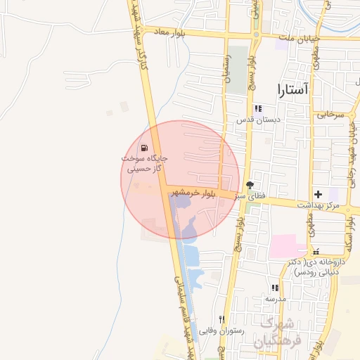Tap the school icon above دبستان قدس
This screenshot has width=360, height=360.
click(x=258, y=108)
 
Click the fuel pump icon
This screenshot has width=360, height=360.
click(x=144, y=148)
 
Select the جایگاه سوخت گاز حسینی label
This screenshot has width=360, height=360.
click(x=144, y=164)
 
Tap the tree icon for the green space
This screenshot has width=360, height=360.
click(x=250, y=184)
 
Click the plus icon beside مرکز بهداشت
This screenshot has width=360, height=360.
click(x=318, y=193)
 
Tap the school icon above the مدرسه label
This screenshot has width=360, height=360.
click(x=275, y=288)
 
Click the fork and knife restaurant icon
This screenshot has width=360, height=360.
click(x=221, y=319)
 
